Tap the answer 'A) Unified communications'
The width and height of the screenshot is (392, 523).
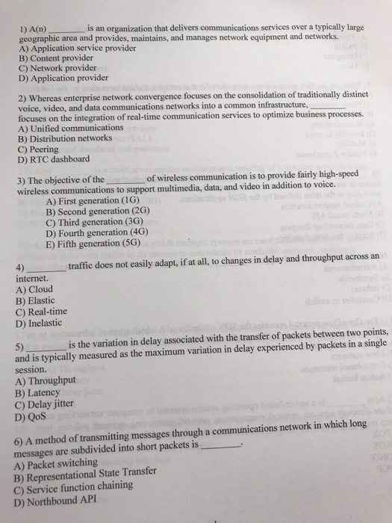point(69,128)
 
